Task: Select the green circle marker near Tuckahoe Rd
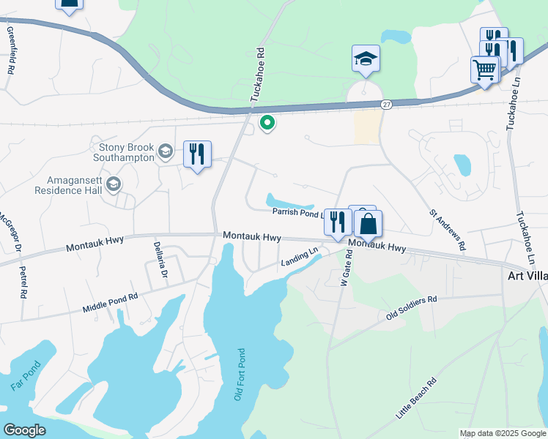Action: tap(267, 123)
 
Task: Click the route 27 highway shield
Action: tap(386, 105)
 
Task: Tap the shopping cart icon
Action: tap(484, 70)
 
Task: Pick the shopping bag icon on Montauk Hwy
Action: tap(369, 224)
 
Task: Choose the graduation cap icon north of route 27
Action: tap(366, 59)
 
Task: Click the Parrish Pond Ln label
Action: tap(297, 213)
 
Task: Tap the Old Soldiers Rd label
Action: tap(411, 308)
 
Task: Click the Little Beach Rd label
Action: tap(416, 398)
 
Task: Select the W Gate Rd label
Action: tap(346, 267)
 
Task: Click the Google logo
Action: tap(24, 429)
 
